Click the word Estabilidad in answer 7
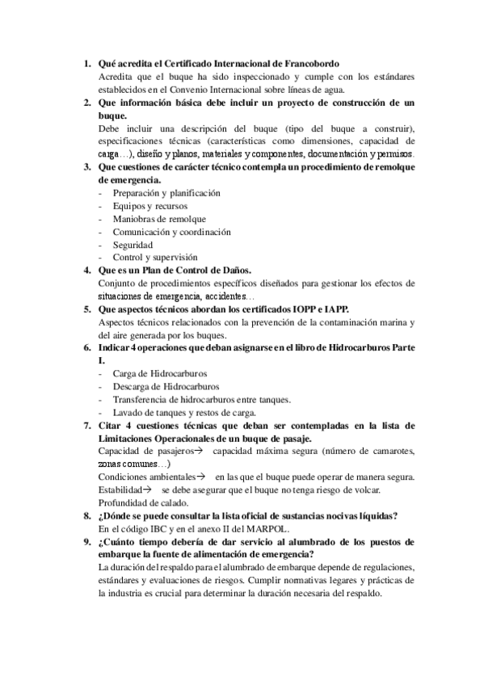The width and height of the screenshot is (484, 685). tap(120, 490)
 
